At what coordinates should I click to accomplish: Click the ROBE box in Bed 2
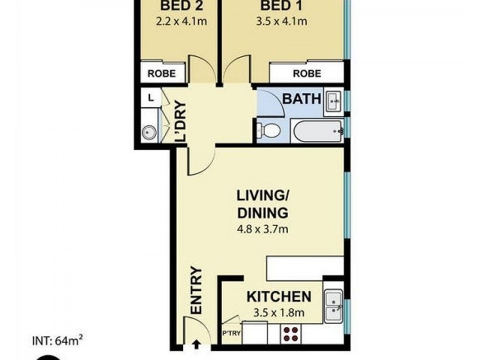pyautogui.click(x=162, y=73)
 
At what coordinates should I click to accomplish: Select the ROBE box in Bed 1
pyautogui.click(x=307, y=73)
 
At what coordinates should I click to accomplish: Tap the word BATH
pyautogui.click(x=302, y=99)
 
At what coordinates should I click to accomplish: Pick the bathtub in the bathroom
pyautogui.click(x=316, y=131)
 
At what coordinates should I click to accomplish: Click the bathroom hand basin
pyautogui.click(x=333, y=101)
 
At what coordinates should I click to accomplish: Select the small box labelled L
pyautogui.click(x=149, y=97)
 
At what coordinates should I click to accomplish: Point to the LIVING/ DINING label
pyautogui.click(x=262, y=204)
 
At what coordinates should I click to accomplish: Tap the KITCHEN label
pyautogui.click(x=279, y=296)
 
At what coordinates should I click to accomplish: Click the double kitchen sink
pyautogui.click(x=333, y=305)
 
